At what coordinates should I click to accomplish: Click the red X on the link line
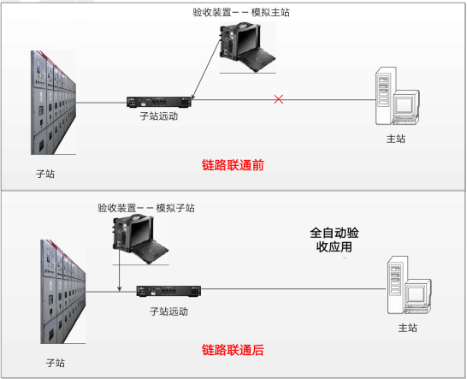(x=279, y=99)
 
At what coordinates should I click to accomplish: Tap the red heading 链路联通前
(x=233, y=165)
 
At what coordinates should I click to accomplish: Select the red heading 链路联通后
(x=233, y=350)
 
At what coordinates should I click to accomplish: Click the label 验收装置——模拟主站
(x=241, y=13)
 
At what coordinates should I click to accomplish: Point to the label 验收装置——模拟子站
(x=146, y=208)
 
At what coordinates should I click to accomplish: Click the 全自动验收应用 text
(x=334, y=240)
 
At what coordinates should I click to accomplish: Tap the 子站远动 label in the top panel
(x=159, y=115)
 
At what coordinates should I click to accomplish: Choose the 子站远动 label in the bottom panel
(x=168, y=311)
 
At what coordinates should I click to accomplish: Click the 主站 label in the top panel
(x=396, y=139)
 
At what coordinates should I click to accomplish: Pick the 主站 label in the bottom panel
(x=408, y=328)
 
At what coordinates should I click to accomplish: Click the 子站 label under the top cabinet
(x=45, y=174)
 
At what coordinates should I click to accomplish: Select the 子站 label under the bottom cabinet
(x=56, y=363)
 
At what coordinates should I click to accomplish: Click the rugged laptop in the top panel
(x=247, y=47)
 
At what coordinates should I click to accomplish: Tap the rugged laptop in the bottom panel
(x=140, y=240)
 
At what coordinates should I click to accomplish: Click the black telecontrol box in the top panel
(x=159, y=102)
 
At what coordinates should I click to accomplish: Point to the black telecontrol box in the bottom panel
(x=168, y=291)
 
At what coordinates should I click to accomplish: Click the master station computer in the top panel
(x=398, y=96)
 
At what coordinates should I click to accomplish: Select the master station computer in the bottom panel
(x=409, y=285)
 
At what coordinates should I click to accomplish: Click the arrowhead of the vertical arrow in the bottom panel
(x=119, y=289)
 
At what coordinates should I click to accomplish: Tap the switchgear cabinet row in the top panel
(x=53, y=103)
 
